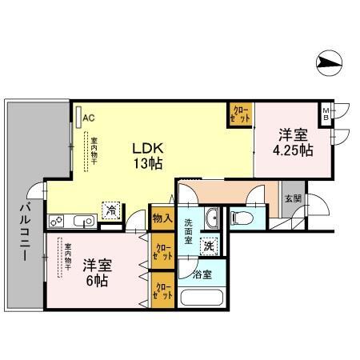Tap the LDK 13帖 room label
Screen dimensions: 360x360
click(x=148, y=155)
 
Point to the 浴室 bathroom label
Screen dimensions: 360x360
click(x=202, y=274)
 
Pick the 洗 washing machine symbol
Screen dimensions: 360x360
click(x=210, y=248)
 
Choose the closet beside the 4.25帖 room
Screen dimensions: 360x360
click(x=241, y=114)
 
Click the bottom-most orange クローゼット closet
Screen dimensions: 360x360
click(x=163, y=290)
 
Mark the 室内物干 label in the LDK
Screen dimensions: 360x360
click(x=94, y=150)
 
